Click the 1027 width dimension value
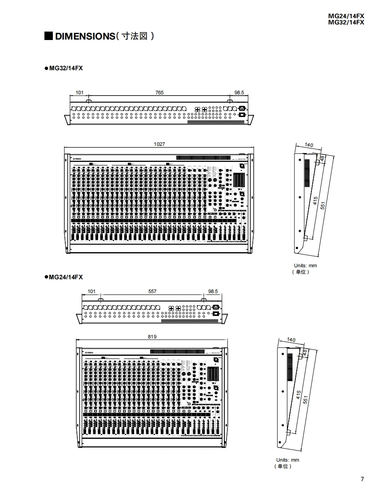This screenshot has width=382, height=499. pyautogui.click(x=159, y=144)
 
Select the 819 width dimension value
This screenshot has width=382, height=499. pyautogui.click(x=152, y=337)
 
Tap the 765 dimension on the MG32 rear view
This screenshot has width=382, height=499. pyautogui.click(x=159, y=93)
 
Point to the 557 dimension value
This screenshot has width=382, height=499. pyautogui.click(x=152, y=292)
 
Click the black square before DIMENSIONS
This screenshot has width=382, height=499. pyautogui.click(x=49, y=36)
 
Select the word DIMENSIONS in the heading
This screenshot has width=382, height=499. pyautogui.click(x=85, y=36)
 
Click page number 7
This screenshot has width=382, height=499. pyautogui.click(x=362, y=479)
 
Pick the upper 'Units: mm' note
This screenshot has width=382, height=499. pyautogui.click(x=306, y=266)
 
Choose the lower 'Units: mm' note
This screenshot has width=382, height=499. pyautogui.click(x=288, y=460)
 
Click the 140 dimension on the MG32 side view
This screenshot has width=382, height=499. pyautogui.click(x=309, y=145)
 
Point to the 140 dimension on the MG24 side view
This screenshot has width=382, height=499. pyautogui.click(x=291, y=340)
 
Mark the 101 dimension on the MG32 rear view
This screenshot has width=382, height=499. pyautogui.click(x=80, y=93)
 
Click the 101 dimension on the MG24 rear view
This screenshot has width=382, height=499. pyautogui.click(x=92, y=292)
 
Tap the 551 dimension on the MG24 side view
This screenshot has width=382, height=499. pyautogui.click(x=305, y=399)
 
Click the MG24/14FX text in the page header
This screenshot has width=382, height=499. pyautogui.click(x=346, y=16)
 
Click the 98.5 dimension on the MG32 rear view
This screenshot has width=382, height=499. pyautogui.click(x=239, y=93)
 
